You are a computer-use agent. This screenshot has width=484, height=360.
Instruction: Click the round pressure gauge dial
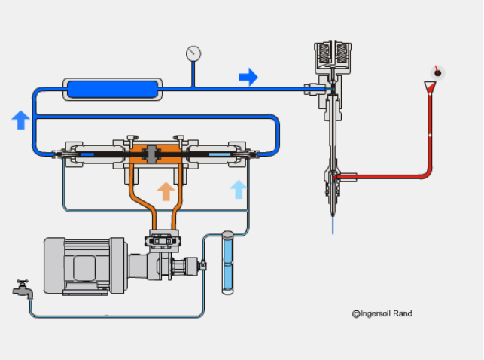[193, 53]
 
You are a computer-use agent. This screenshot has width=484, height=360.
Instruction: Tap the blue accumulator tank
[112, 89]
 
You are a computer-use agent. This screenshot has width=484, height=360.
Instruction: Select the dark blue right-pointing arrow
[248, 77]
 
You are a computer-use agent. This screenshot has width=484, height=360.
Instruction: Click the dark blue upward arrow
[21, 119]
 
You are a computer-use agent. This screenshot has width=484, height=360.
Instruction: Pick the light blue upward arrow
[238, 189]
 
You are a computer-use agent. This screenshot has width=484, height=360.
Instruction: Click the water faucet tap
[23, 289]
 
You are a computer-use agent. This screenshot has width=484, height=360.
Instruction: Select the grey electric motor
[84, 264]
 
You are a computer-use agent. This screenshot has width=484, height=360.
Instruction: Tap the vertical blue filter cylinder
[227, 262]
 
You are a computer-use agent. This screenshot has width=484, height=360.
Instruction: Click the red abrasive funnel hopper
[431, 88]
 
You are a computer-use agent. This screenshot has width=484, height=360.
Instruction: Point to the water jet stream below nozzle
[332, 224]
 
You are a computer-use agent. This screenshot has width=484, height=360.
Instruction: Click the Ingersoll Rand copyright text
[382, 313]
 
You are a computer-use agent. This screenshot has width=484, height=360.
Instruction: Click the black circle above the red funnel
[436, 72]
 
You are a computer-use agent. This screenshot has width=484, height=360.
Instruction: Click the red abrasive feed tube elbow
[426, 175]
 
